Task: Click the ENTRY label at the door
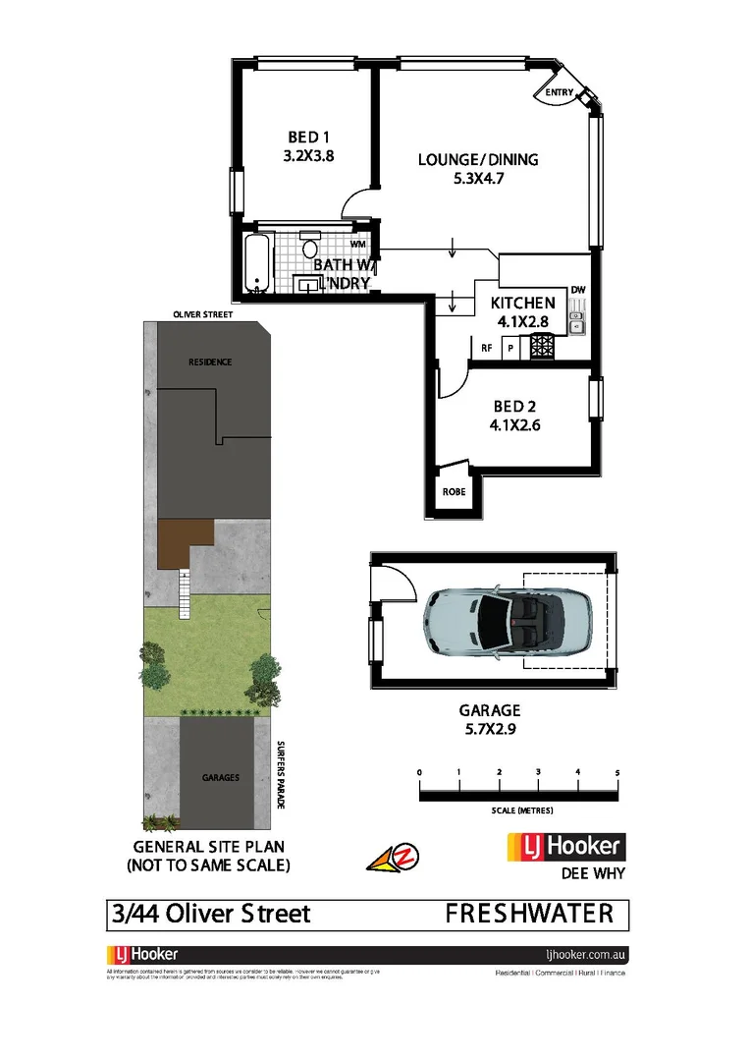click(x=560, y=93)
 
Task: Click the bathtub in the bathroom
click(x=256, y=263)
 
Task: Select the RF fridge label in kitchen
click(x=486, y=348)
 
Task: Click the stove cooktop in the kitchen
click(x=542, y=347)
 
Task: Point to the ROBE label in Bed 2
click(x=454, y=491)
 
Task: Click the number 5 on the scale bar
click(x=616, y=773)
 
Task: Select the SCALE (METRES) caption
click(x=522, y=810)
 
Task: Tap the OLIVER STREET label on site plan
click(x=203, y=314)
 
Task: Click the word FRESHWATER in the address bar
click(x=529, y=914)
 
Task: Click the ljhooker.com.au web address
click(x=585, y=954)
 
